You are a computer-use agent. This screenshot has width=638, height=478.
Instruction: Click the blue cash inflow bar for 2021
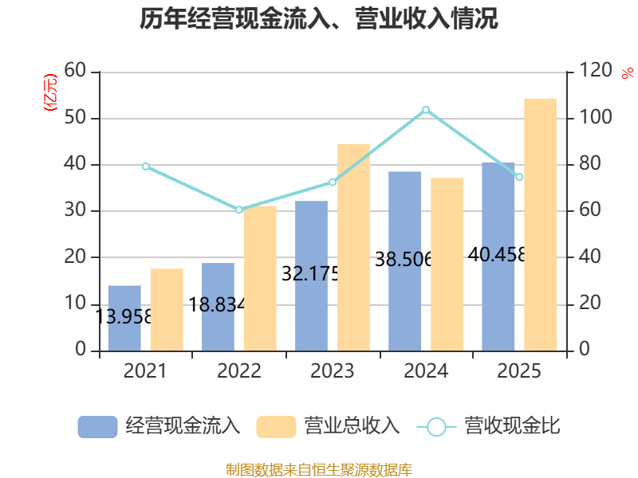click(x=124, y=318)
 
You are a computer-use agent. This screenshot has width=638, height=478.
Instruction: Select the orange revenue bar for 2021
click(x=167, y=310)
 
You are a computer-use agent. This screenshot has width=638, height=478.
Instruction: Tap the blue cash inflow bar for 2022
click(x=218, y=307)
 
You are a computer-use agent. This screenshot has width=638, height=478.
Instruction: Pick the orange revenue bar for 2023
click(x=353, y=247)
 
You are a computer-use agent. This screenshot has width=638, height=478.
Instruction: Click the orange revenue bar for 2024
click(x=447, y=264)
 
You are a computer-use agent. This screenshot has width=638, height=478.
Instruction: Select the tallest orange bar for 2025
click(x=541, y=224)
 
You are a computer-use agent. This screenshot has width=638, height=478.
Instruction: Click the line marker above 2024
click(x=426, y=109)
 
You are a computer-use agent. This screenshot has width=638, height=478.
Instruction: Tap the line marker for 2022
click(x=239, y=210)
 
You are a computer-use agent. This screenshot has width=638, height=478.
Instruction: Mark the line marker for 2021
click(x=145, y=166)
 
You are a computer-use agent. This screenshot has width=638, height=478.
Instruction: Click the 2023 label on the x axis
click(x=333, y=371)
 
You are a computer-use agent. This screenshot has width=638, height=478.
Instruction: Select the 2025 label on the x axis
click(x=519, y=371)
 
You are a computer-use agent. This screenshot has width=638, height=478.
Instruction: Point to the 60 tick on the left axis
click(x=75, y=72)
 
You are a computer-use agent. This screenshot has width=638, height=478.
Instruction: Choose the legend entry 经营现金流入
click(x=159, y=426)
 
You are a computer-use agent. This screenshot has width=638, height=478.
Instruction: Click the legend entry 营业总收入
click(x=329, y=426)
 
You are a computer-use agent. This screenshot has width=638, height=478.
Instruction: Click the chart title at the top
click(x=319, y=19)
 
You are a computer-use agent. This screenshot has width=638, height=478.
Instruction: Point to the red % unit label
click(x=627, y=72)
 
